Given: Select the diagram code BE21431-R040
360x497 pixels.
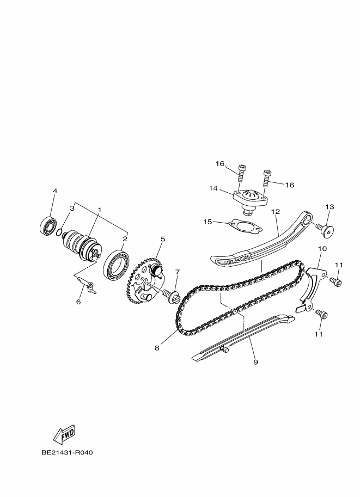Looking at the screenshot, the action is point(67,452).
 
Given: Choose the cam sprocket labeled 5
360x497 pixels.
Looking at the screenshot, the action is point(145,281).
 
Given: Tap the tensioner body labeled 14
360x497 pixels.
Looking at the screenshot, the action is point(251,200).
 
